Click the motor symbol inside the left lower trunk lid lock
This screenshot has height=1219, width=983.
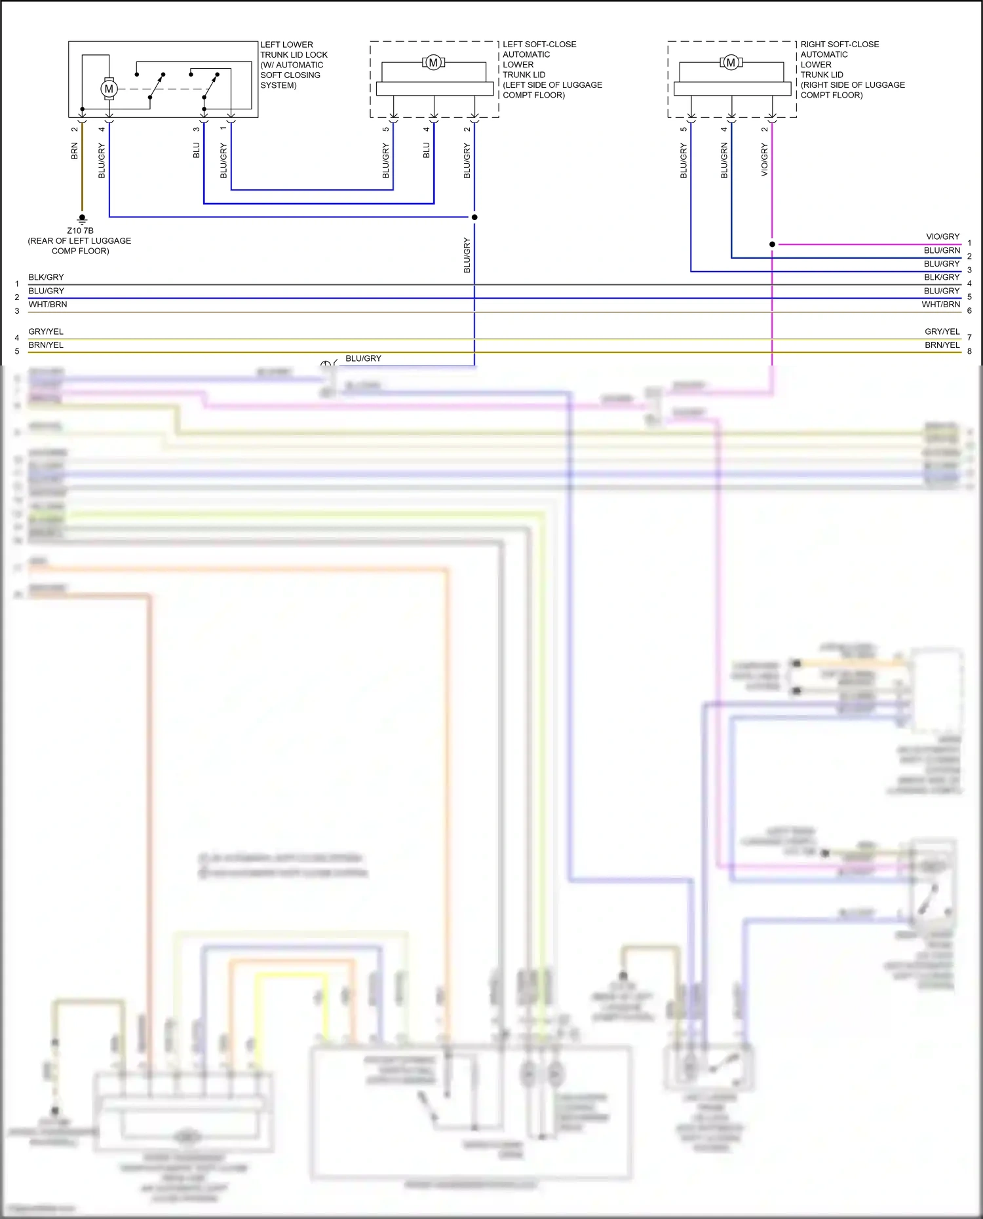click(109, 88)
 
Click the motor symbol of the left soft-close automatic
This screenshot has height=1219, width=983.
click(433, 63)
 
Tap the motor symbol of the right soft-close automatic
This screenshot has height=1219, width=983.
click(731, 63)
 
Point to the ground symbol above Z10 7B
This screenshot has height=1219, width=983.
click(82, 219)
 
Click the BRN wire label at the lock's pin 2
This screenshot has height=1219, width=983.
click(75, 152)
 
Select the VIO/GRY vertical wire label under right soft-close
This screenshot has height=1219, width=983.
click(764, 160)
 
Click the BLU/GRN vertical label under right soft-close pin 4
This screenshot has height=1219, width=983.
click(724, 160)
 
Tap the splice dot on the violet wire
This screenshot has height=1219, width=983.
click(772, 244)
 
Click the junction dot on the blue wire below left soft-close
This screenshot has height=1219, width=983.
click(474, 217)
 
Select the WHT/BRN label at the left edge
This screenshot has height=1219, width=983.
click(47, 305)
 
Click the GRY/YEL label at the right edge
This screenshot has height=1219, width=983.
click(942, 331)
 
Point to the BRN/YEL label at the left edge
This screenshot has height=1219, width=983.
click(46, 345)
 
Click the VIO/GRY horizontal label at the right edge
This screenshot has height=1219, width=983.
click(942, 236)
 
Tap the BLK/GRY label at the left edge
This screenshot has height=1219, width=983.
click(46, 277)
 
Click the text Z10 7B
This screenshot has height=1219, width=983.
click(80, 231)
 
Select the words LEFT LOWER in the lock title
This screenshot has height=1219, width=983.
click(286, 45)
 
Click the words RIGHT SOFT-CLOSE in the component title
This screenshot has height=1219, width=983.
click(839, 45)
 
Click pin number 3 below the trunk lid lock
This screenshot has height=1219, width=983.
click(196, 129)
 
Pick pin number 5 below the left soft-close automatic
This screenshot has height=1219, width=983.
click(385, 129)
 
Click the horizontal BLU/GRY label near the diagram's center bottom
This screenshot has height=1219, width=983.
click(363, 358)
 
